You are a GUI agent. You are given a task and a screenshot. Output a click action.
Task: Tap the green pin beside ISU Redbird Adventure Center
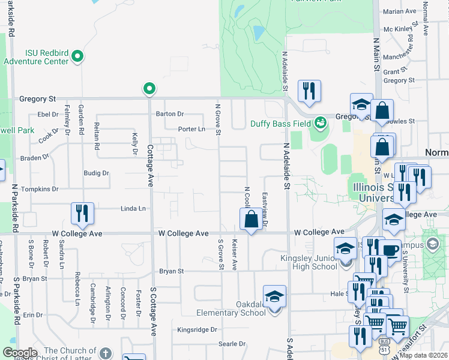click(77, 57)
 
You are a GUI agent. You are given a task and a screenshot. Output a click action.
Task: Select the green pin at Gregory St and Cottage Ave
click(149, 89)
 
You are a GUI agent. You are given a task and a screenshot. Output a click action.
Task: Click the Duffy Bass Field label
click(280, 124)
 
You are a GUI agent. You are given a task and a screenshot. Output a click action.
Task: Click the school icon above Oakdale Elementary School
click(274, 297)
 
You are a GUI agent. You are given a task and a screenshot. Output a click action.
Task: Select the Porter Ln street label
click(191, 129)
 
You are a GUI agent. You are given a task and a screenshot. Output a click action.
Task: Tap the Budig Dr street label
click(97, 173)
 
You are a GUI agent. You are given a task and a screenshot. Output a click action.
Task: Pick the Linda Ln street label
click(133, 209)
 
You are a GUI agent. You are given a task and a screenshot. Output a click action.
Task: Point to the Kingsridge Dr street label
click(197, 330)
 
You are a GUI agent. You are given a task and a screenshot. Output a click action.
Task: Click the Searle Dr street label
click(229, 344)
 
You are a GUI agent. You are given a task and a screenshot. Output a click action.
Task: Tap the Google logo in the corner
click(20, 352)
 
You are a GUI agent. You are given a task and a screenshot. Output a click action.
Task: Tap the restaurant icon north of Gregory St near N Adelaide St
click(309, 91)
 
